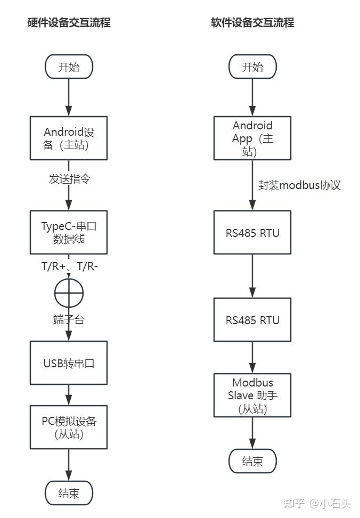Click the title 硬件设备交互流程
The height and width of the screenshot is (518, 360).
[69, 23]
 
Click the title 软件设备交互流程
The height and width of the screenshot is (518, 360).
[252, 23]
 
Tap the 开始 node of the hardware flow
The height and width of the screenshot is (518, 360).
[69, 67]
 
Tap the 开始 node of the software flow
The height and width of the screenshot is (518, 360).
[252, 67]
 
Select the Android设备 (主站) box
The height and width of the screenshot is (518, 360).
[69, 138]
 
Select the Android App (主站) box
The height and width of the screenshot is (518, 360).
[252, 138]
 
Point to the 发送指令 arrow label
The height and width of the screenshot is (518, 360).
[69, 179]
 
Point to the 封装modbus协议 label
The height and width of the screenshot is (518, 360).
[299, 185]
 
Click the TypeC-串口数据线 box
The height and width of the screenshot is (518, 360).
[69, 232]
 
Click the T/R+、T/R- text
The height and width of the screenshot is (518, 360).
[69, 266]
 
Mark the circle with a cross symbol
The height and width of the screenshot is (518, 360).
[69, 293]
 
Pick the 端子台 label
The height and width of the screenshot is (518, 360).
[69, 319]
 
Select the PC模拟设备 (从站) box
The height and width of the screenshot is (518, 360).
[69, 427]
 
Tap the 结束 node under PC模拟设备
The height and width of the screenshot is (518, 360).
[69, 493]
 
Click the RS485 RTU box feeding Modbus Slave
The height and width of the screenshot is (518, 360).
[252, 319]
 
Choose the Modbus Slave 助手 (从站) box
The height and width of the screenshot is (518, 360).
[252, 396]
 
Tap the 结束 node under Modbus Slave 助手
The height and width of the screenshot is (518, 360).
[252, 461]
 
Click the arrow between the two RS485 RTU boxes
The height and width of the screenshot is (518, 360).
[252, 276]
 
